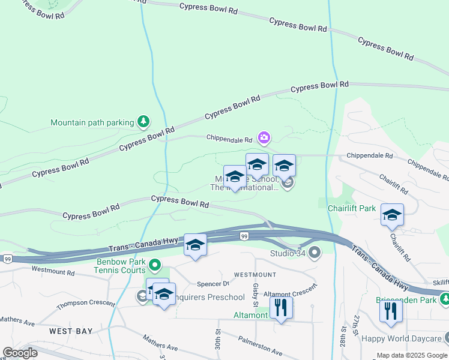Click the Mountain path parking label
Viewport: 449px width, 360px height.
pos(92,122)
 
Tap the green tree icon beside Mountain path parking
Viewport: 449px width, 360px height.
pos(143,122)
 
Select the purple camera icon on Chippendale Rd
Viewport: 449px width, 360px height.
pos(264,138)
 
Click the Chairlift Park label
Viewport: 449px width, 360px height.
pos(352,208)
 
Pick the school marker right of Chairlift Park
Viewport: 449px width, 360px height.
pos(392,215)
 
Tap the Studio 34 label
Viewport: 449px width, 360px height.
pos(289,253)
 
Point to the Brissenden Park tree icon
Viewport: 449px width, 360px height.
pos(445,298)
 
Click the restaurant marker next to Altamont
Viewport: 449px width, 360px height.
pos(281,308)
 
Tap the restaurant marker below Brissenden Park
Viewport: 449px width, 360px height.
pos(391,313)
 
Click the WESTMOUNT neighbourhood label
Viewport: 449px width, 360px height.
pos(255,274)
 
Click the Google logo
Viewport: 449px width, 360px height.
pos(20,352)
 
